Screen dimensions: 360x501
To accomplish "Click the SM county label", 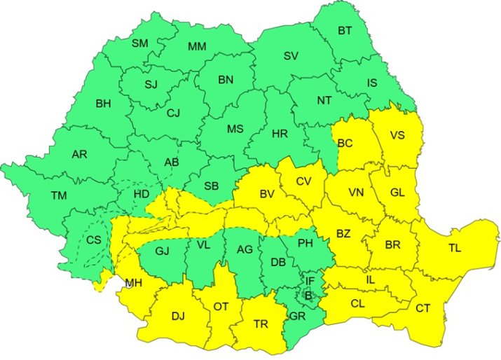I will click(140, 43).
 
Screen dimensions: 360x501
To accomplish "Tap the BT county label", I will click(345, 31).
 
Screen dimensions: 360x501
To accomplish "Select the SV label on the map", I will click(291, 55).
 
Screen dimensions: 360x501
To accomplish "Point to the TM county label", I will click(59, 195).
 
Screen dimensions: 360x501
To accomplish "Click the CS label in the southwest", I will click(94, 240).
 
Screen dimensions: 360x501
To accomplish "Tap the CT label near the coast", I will click(423, 308).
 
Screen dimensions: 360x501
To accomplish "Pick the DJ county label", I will click(178, 317).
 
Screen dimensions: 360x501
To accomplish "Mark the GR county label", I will click(296, 316).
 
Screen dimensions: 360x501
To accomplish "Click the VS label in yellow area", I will click(397, 137).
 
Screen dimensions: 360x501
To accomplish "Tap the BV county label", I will click(266, 194).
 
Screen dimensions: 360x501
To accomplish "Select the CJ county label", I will click(173, 111).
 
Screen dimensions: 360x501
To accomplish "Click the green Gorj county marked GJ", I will click(163, 250).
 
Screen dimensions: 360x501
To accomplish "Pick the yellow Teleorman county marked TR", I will click(261, 324).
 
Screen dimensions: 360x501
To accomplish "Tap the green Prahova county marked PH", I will click(305, 244).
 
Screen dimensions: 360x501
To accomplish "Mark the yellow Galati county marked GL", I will click(397, 193).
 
